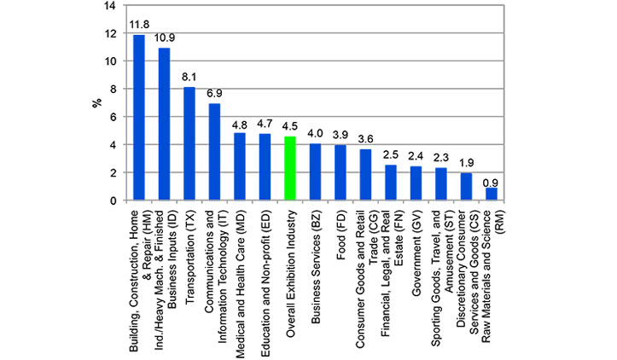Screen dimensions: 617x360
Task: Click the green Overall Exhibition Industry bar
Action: [x=290, y=168]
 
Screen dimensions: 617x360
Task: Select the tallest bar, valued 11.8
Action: [x=139, y=118]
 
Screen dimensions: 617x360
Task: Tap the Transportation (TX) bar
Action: [x=189, y=143]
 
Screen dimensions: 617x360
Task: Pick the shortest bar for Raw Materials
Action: [x=492, y=194]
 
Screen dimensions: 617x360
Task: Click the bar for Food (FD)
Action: [x=341, y=172]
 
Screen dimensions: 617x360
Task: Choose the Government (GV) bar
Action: [x=416, y=183]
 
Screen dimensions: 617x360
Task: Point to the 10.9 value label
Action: [x=165, y=38]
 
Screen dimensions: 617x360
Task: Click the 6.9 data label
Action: [x=214, y=93]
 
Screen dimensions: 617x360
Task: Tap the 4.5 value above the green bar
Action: [x=290, y=126]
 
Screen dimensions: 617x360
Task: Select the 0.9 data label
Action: [x=491, y=183]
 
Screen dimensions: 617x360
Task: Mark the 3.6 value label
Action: [x=365, y=139]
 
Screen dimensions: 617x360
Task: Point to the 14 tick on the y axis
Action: [x=110, y=6]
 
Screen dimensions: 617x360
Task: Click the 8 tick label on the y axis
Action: [x=114, y=90]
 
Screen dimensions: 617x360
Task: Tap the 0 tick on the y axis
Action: [x=114, y=200]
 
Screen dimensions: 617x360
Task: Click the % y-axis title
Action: [x=96, y=103]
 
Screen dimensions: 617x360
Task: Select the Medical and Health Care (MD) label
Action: [x=240, y=284]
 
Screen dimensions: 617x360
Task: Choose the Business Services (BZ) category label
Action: [x=315, y=267]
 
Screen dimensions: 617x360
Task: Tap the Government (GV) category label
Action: [x=416, y=253]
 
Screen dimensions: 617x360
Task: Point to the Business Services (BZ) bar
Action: [x=315, y=172]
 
